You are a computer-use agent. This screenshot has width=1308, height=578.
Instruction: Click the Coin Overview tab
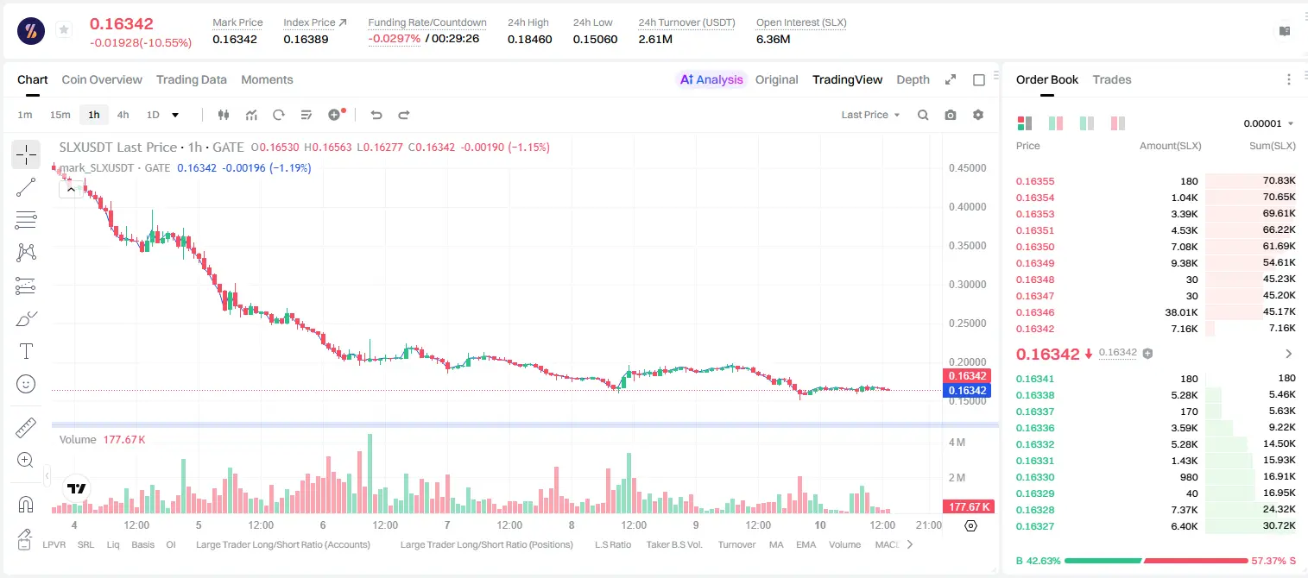(102, 79)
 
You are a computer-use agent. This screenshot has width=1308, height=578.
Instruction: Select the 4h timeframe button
(123, 115)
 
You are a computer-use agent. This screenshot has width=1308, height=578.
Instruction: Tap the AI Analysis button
(711, 79)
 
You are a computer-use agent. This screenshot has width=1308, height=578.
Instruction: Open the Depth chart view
(913, 79)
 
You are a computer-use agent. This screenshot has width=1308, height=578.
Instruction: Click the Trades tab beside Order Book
(1112, 79)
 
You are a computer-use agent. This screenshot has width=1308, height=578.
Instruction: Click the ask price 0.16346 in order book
(1034, 312)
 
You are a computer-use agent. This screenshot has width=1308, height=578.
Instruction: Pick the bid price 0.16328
(1034, 510)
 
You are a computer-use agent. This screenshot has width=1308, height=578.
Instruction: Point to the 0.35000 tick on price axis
(967, 246)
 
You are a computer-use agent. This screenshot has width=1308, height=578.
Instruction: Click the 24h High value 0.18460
(529, 39)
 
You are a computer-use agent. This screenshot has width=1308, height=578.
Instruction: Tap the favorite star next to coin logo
(64, 29)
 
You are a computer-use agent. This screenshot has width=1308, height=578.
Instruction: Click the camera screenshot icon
(951, 115)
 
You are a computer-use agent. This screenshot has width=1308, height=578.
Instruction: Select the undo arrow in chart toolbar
(376, 115)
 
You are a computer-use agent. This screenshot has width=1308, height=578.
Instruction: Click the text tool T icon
(26, 351)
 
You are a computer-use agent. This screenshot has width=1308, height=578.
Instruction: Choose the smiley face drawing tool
(26, 384)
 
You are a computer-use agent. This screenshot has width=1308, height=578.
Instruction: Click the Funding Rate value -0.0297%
(395, 39)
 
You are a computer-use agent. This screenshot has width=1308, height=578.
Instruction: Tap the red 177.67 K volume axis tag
(968, 507)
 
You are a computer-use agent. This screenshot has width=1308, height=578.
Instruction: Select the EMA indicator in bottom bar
(806, 544)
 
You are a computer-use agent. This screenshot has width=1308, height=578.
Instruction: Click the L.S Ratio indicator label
(612, 544)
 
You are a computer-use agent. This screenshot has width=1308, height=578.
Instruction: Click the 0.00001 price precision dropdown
(1268, 123)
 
